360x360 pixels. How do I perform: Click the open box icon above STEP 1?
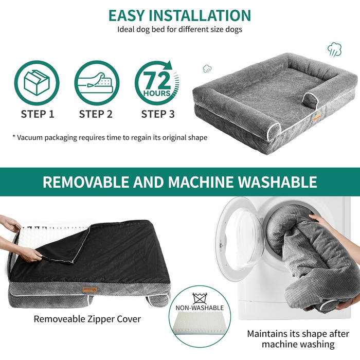point(37,83)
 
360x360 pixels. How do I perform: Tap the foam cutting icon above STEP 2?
point(97,83)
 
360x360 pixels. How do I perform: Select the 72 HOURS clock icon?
point(157,83)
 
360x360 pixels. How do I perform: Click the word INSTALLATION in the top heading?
point(200,15)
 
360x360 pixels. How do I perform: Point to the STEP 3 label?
point(158,114)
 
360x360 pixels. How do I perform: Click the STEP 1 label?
point(38,114)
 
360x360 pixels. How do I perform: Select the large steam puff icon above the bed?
point(334,49)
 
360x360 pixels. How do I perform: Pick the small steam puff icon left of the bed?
point(207,68)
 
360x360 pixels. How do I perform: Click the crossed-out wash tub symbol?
point(200,298)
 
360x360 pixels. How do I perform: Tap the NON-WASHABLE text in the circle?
point(200,308)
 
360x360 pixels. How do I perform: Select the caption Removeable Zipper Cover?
point(87,319)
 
